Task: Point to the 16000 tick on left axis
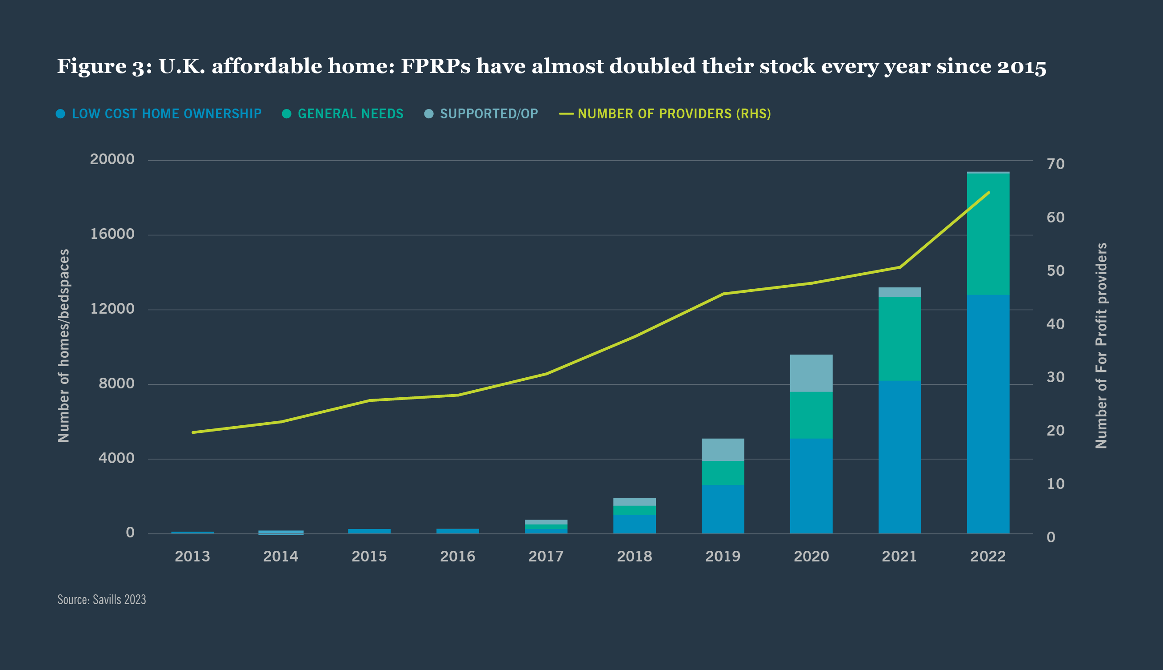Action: click(112, 234)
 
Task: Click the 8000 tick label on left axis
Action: click(116, 383)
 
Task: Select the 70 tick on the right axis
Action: click(1055, 164)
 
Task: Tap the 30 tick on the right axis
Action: click(1055, 377)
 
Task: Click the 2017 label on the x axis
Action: click(546, 557)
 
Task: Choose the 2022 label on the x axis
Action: click(988, 557)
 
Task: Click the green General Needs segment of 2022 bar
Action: click(988, 234)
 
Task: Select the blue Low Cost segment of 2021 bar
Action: click(899, 456)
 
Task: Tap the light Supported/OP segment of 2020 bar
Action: click(811, 373)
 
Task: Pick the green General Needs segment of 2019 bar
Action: click(723, 472)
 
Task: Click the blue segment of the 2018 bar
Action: click(634, 524)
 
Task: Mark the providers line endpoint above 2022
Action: click(988, 193)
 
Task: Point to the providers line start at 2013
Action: click(192, 432)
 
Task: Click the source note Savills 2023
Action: click(102, 600)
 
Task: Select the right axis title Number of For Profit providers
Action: click(1101, 346)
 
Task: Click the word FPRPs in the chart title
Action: click(436, 66)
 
